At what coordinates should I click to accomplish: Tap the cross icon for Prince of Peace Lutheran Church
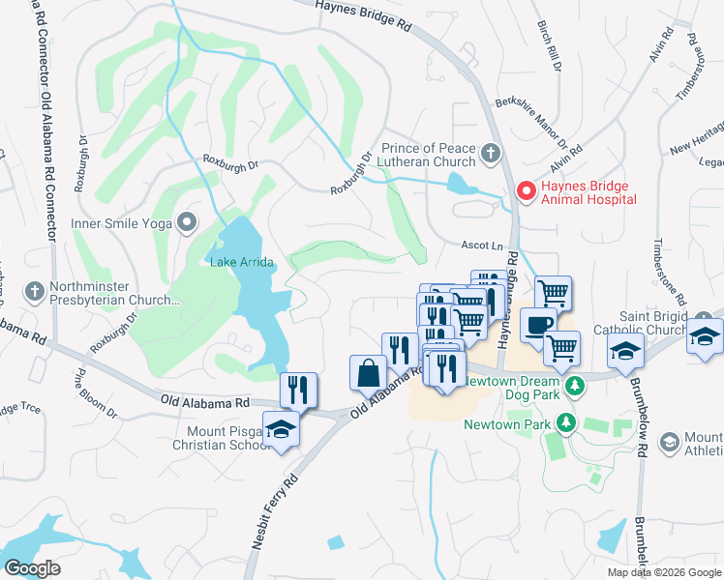coord(491,153)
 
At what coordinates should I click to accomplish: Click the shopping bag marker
coord(369,372)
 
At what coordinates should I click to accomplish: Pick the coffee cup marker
coord(539,326)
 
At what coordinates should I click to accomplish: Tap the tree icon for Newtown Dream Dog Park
coord(576,387)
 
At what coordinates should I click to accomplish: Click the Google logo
coord(32,568)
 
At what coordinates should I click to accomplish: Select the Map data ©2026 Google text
coord(664,572)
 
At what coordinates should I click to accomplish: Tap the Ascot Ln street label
coord(480,246)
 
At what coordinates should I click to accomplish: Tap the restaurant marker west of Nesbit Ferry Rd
coord(299,390)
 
